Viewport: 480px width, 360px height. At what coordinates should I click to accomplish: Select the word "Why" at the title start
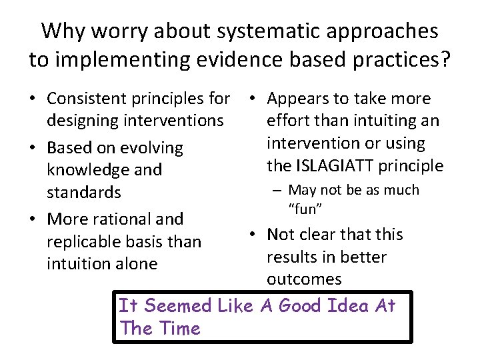(x=63, y=31)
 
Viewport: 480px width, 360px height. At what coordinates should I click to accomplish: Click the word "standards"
(x=83, y=192)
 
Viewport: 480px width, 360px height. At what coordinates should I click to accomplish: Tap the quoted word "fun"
(x=306, y=209)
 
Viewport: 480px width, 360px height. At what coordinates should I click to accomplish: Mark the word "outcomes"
(x=303, y=279)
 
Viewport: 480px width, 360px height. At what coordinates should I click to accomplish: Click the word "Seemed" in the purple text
(x=177, y=306)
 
